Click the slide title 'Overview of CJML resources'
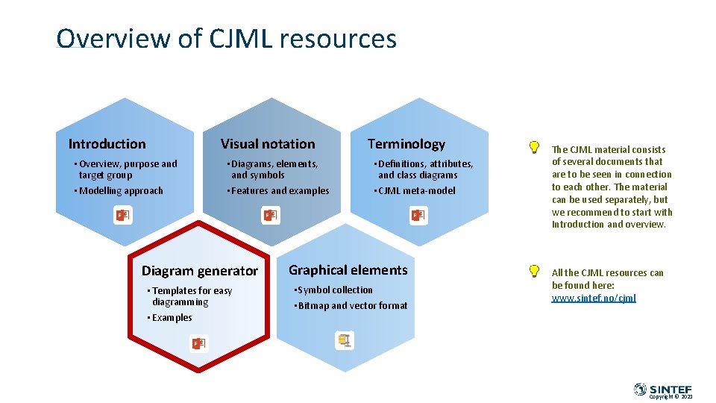pos(226,39)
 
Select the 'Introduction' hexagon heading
pos(107,144)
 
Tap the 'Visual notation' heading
pos(268,144)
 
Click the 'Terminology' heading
pos(406,143)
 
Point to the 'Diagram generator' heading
pos(200,271)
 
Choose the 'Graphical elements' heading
pos(348,270)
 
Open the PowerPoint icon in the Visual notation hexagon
pos(270,216)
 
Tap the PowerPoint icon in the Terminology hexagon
pos(418,216)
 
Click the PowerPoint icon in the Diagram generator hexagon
pos(198,343)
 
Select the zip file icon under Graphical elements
pos(345,341)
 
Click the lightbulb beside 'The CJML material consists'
pos(534,148)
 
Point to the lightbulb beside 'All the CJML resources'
pos(534,271)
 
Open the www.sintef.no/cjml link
pos(594,299)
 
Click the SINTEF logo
pos(663,390)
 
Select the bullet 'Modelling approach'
pos(121,191)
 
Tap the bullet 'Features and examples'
pos(280,191)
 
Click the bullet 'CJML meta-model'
pos(416,191)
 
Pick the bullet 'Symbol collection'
pos(335,290)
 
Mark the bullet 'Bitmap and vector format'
pos(352,306)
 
